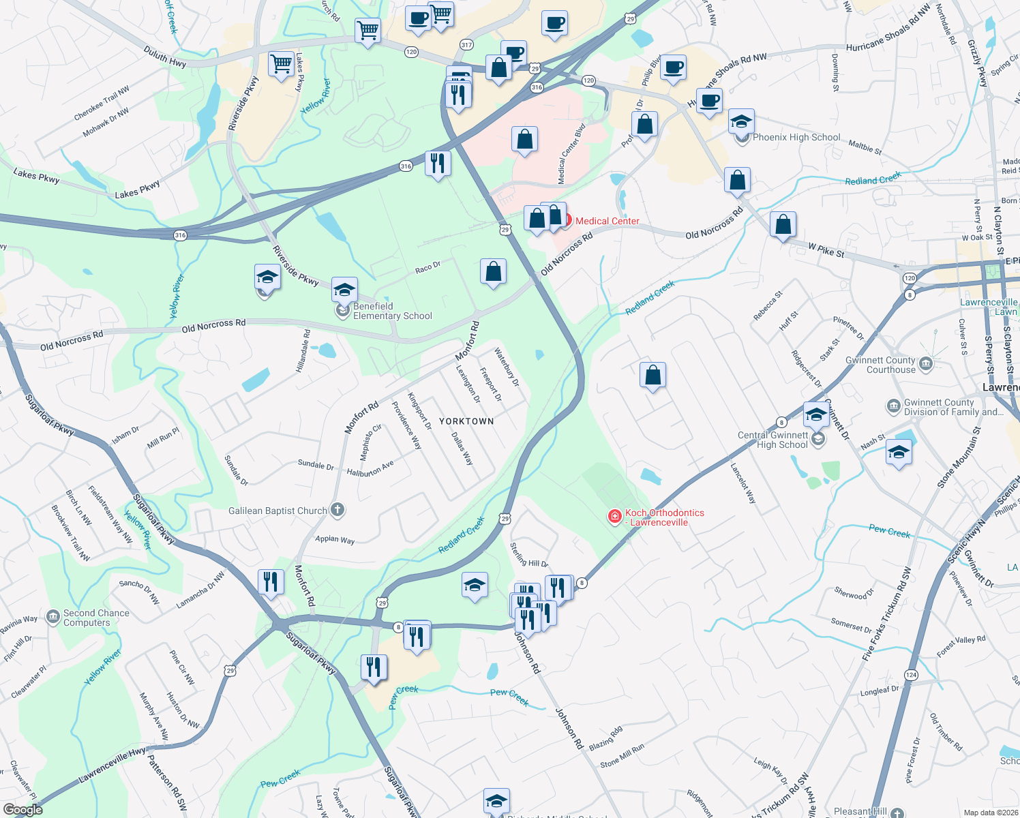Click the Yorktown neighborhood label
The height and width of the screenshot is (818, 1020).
pos(466,421)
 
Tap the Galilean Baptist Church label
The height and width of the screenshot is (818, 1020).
pos(277,511)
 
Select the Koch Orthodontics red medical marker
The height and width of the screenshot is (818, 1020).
pos(614,517)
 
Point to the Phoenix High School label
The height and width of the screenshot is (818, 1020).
pos(796,137)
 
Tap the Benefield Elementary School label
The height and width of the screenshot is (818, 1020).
pos(392,311)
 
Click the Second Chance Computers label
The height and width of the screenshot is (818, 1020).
pos(96,618)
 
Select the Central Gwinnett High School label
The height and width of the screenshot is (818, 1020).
pos(773,440)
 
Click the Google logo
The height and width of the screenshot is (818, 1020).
pos(22,809)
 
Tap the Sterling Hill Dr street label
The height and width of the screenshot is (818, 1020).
pos(529,554)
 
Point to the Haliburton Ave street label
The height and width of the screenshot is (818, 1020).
pos(370,469)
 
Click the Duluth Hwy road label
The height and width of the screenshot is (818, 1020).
pos(165,57)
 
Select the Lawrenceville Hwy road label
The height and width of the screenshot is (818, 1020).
pos(112,766)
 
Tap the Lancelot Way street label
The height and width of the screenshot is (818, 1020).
pos(743,483)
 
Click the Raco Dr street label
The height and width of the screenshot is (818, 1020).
pos(427,268)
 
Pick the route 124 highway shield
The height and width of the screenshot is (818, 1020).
pos(911,675)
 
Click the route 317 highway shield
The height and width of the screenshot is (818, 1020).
pos(466,45)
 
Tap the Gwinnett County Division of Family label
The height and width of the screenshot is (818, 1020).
pos(953,407)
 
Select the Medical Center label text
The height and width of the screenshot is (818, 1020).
pos(607,221)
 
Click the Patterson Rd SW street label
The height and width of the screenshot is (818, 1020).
pos(167,783)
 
